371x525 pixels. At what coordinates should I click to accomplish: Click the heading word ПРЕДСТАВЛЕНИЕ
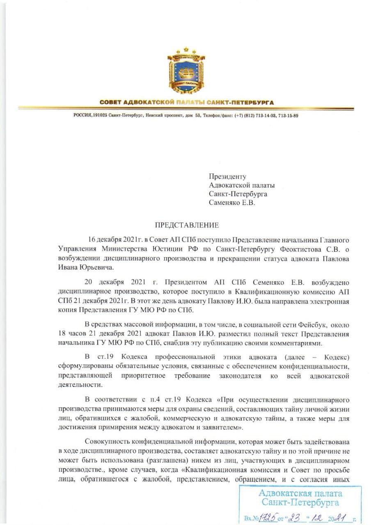click(x=187, y=225)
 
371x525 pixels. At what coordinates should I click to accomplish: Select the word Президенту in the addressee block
click(x=227, y=177)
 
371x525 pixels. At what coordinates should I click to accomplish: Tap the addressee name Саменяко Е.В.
click(x=231, y=203)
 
